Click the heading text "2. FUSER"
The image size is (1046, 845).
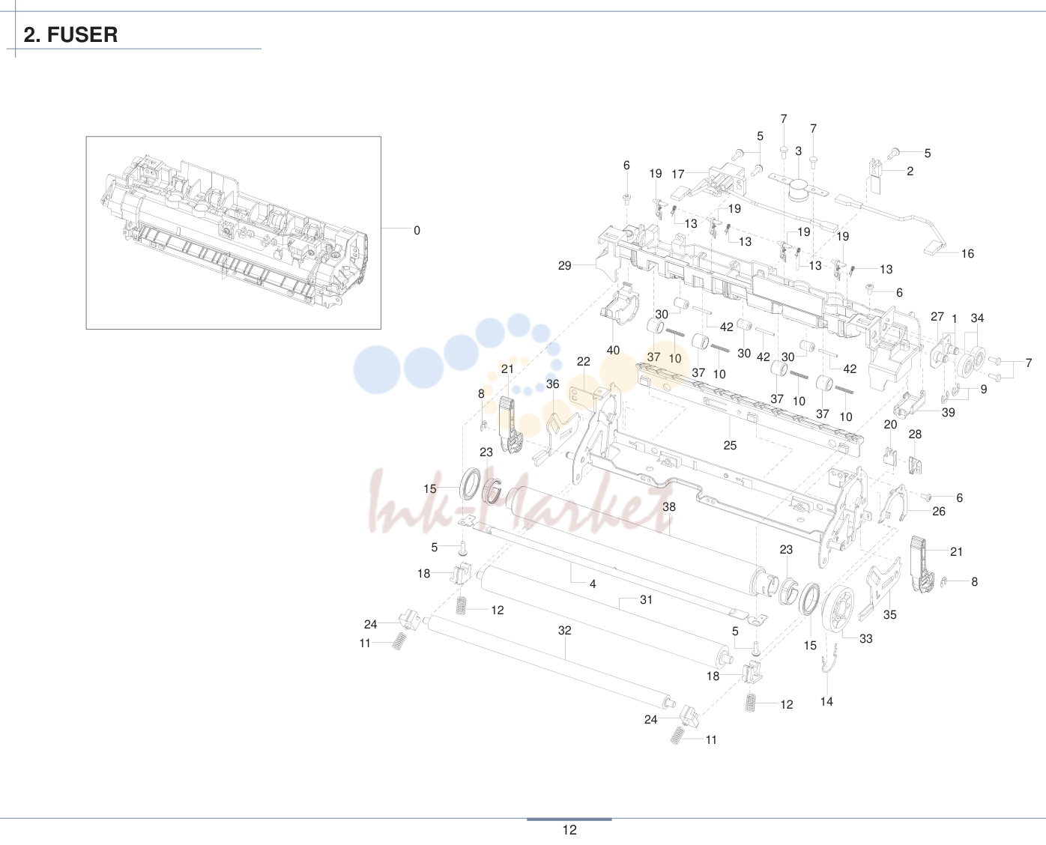click(x=70, y=35)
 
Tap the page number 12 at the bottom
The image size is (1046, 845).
click(x=569, y=830)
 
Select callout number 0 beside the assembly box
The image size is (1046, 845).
click(x=417, y=230)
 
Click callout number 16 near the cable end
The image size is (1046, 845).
click(x=967, y=253)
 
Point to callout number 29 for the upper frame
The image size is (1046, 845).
click(x=565, y=265)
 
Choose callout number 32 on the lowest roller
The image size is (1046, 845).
click(x=565, y=630)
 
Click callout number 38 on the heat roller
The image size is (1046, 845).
click(x=669, y=506)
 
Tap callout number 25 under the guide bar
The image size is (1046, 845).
click(x=730, y=445)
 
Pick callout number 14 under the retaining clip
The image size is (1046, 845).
click(x=826, y=701)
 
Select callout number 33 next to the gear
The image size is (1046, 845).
click(x=865, y=638)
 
